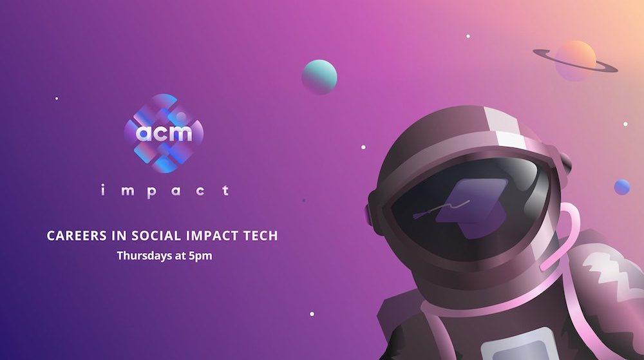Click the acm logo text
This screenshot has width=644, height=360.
tap(164, 133)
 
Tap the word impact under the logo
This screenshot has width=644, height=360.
tap(164, 190)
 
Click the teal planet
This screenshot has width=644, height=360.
tap(319, 77)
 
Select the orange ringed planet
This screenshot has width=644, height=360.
tap(575, 61)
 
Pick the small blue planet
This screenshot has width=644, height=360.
tap(621, 187)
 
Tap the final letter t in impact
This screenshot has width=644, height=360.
tap(225, 190)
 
